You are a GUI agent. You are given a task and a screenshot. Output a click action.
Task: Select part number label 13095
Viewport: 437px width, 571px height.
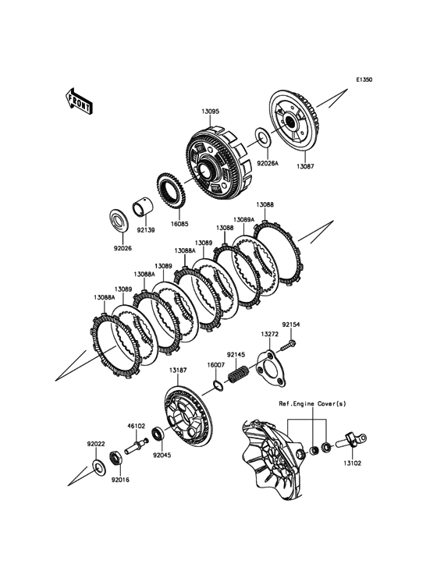click(211, 112)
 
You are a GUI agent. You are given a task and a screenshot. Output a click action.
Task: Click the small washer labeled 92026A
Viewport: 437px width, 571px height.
click(262, 137)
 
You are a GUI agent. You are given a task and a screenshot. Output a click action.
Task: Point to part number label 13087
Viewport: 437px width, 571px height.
click(305, 166)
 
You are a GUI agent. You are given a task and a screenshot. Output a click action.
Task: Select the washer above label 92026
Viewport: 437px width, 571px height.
click(119, 220)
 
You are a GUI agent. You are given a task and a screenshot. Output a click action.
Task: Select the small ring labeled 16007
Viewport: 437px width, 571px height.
click(216, 385)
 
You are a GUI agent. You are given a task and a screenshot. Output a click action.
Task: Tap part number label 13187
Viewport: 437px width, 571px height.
click(178, 371)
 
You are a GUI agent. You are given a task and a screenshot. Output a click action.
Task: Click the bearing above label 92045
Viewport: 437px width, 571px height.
click(159, 434)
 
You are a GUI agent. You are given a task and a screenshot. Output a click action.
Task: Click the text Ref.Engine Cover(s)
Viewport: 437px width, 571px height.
click(312, 403)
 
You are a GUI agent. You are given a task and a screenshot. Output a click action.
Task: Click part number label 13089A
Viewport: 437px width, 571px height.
click(243, 220)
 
